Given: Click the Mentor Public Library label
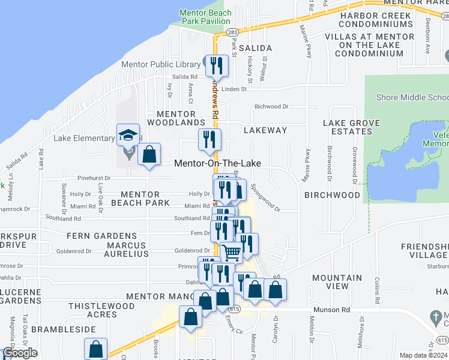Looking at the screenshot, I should tap(161, 65).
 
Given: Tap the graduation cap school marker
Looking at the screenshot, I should tap(128, 135).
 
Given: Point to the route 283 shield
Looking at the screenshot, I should tap(232, 31).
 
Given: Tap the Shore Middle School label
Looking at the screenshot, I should tap(412, 97).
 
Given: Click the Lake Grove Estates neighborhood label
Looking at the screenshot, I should tap(351, 127).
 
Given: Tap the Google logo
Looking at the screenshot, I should tap(20, 353).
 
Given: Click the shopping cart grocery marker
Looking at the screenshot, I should tap(232, 253).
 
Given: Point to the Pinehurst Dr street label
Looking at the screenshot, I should tap(95, 178).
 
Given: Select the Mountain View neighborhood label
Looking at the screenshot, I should tap(337, 282).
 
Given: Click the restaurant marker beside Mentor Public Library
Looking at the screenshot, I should tap(217, 65).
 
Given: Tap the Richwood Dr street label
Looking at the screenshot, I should tap(271, 107).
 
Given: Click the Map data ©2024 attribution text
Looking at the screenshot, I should tap(423, 355).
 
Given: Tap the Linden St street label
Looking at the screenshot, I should tap(234, 89).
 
